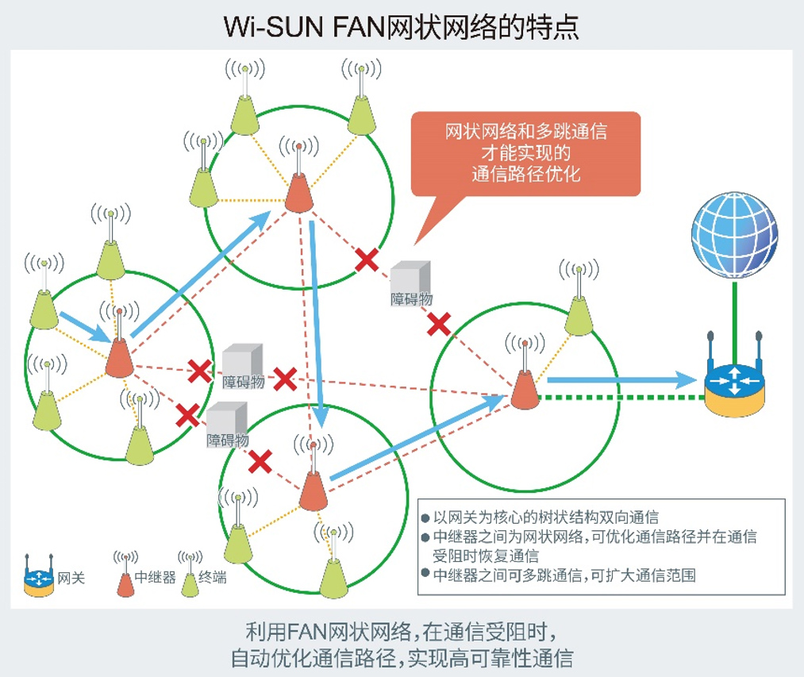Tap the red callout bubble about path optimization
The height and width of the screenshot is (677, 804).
525,153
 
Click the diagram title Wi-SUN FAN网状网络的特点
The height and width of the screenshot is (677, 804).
402,27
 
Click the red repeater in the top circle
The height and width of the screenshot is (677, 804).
298,190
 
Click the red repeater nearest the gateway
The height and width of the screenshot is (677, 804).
525,389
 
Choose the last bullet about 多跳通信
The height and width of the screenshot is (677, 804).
564,575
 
